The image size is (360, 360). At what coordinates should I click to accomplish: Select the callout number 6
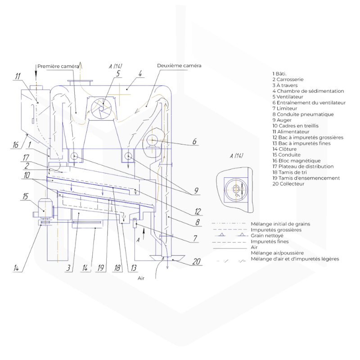coord(194,141)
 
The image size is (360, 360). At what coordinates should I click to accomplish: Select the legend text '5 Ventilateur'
coord(288,97)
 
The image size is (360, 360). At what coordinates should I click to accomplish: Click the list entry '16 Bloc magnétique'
coord(296,161)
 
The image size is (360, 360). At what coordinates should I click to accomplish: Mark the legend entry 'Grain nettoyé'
coord(265,235)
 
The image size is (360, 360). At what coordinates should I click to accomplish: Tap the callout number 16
coord(16,145)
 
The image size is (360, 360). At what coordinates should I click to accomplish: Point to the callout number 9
coord(196,191)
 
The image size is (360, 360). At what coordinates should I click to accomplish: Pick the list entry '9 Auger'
coord(282,120)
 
